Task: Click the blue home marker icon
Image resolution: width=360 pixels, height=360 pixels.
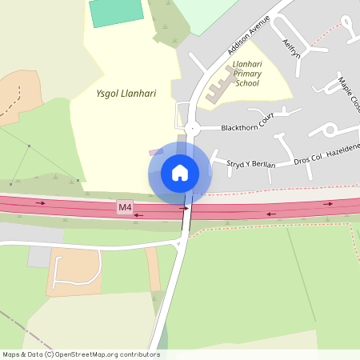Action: tap(180, 172)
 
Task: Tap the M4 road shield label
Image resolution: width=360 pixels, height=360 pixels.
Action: tap(124, 207)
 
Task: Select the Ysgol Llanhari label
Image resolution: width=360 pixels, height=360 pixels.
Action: tap(126, 94)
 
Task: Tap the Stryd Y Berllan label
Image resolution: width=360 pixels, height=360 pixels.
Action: tap(251, 164)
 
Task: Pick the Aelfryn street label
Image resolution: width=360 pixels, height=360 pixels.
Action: tap(290, 47)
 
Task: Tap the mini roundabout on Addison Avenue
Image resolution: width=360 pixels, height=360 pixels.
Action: tap(190, 128)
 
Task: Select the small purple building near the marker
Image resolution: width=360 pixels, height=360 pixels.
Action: tap(156, 151)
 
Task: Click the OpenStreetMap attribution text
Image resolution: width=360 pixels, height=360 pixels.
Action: tap(80, 354)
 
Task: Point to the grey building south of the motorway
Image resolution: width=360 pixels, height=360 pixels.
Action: tap(38, 257)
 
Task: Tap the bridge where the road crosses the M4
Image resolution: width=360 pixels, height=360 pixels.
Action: tap(186, 211)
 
